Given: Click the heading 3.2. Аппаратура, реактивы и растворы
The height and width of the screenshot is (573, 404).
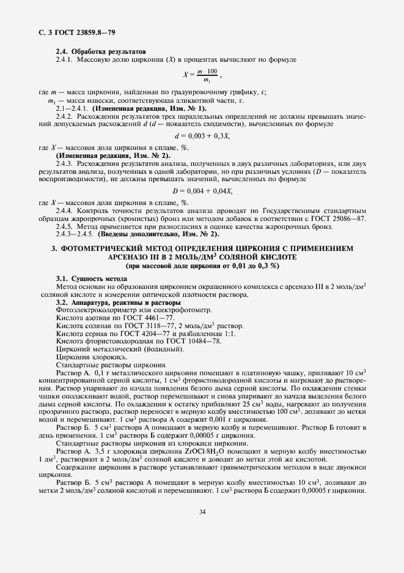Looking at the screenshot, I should (118, 302).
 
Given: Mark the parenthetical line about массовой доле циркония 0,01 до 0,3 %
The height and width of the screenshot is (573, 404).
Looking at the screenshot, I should (202, 266).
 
